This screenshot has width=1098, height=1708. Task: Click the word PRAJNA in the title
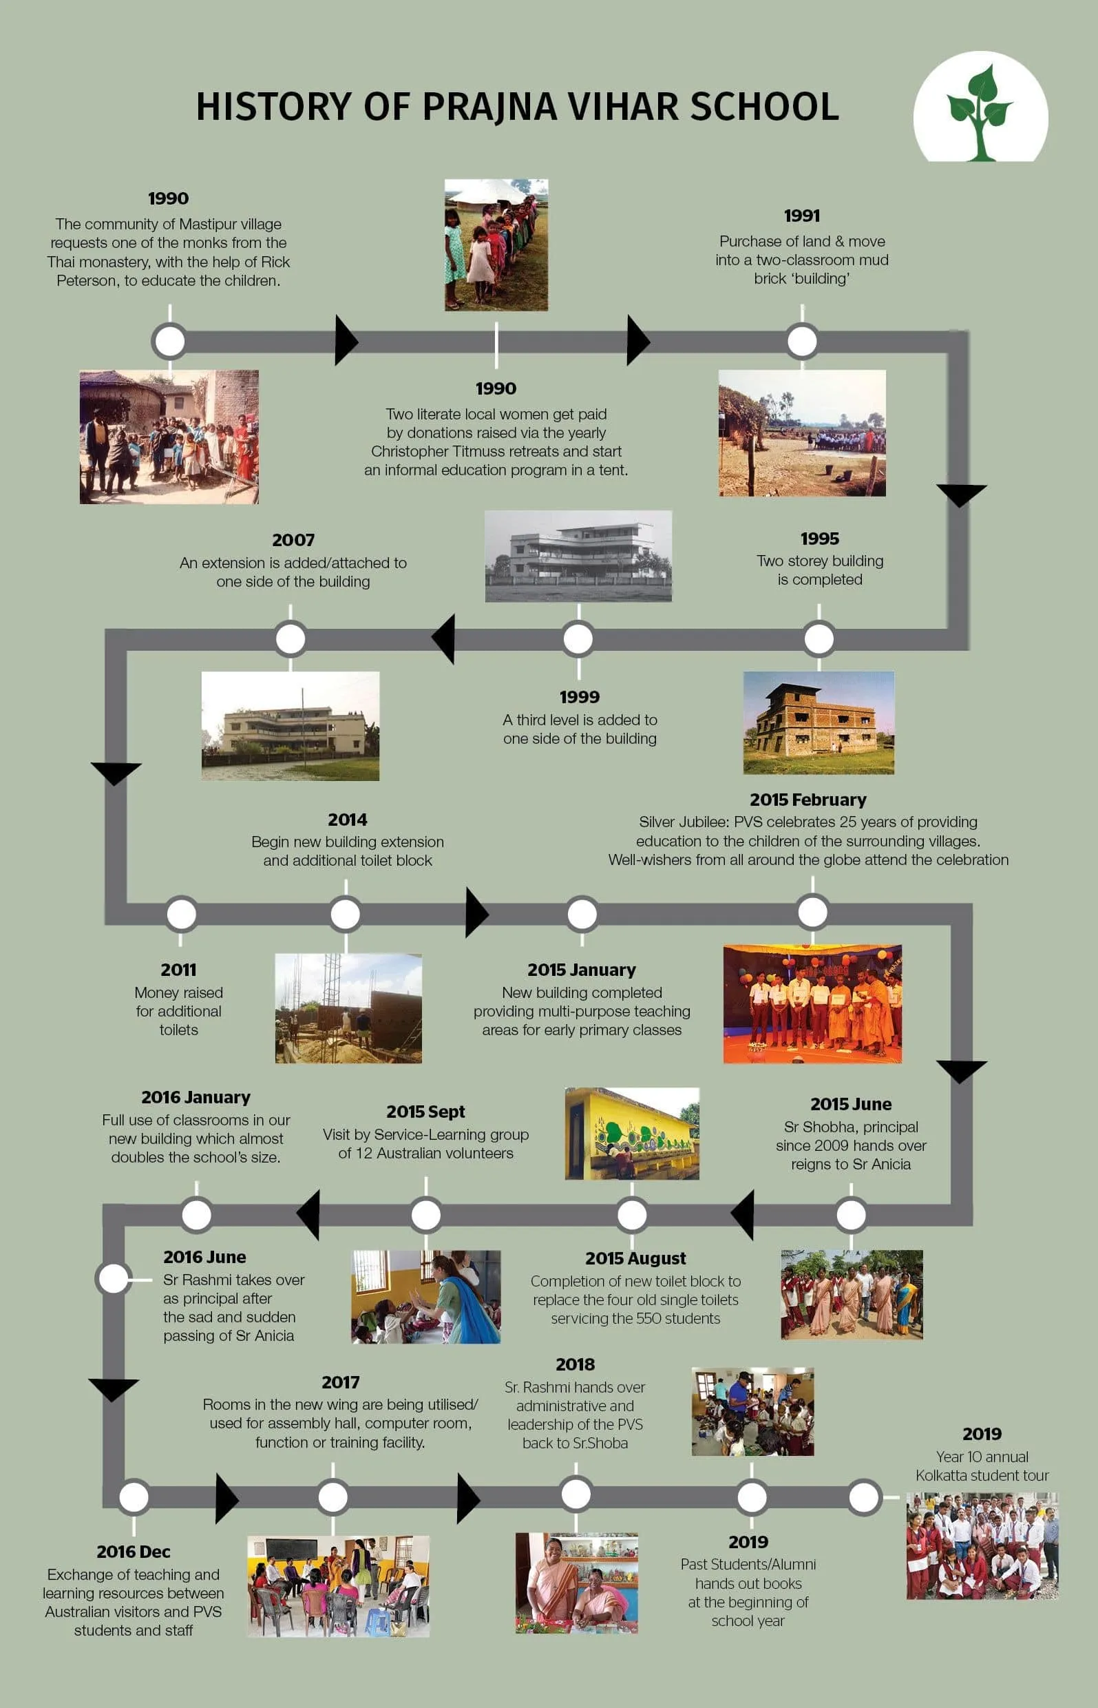[x=488, y=107]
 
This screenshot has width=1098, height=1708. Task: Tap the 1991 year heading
[x=801, y=216]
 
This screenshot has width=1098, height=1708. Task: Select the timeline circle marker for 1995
[x=819, y=638]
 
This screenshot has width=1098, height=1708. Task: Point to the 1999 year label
[x=579, y=697]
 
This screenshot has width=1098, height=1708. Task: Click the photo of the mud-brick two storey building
[x=819, y=722]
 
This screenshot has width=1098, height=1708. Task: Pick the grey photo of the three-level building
[x=578, y=556]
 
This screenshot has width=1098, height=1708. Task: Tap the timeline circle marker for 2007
[x=291, y=638]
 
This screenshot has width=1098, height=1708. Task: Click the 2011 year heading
[x=178, y=970]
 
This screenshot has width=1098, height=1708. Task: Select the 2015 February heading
[x=807, y=800]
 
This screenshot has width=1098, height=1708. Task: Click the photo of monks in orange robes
[x=812, y=1004]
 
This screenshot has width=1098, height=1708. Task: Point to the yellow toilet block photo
[x=632, y=1133]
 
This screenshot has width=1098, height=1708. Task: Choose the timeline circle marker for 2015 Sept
[x=425, y=1214]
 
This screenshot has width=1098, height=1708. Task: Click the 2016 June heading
[x=204, y=1257]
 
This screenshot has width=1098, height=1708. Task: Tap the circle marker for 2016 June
[x=113, y=1279]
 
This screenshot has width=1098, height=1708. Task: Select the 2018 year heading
[x=575, y=1364]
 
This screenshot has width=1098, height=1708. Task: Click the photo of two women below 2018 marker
[x=576, y=1583]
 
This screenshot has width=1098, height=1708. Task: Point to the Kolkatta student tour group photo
[x=982, y=1545]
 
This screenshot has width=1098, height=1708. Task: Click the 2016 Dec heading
[x=134, y=1552]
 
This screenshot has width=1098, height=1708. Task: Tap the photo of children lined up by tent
[x=496, y=244]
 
